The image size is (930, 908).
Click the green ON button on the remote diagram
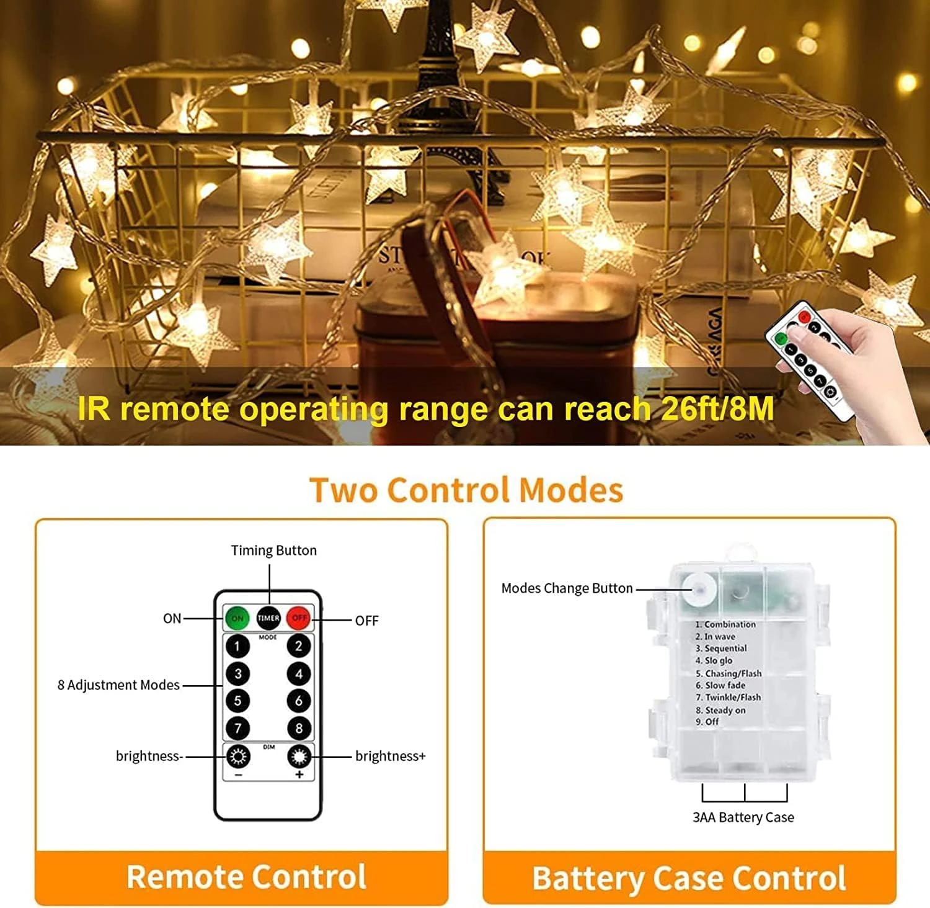pos(237,618)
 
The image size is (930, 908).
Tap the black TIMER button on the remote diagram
pos(268,618)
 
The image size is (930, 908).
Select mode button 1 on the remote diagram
pos(237,646)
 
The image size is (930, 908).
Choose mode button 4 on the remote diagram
pos(299,673)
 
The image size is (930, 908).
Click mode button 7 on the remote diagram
pos(237,728)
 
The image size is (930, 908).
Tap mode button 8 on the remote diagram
pos(299,728)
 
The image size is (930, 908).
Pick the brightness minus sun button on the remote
pos(237,757)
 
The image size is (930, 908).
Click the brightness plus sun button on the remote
pos(299,757)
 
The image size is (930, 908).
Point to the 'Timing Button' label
pos(273,551)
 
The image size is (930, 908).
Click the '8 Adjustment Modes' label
pos(118,685)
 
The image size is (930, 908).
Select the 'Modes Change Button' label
pos(567,588)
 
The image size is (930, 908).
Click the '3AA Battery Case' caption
pos(743,817)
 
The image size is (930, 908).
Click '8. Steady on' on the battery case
pos(720,710)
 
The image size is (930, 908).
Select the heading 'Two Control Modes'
pos(466,490)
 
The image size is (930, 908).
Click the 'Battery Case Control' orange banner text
pos(689,878)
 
